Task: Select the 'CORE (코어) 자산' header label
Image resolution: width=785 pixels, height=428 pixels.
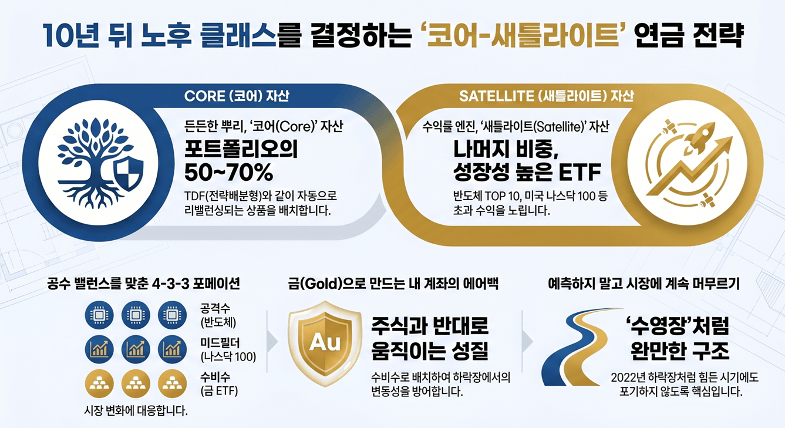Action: coord(237,95)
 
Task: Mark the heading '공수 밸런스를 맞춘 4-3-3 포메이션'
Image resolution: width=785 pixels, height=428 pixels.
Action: coord(144,284)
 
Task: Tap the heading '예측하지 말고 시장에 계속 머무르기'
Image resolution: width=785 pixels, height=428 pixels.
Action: coord(644,284)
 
